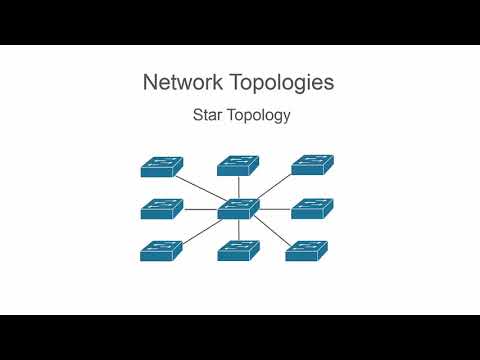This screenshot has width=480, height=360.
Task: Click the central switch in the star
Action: click(x=238, y=209)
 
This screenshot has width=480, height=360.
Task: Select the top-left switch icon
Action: click(x=161, y=166)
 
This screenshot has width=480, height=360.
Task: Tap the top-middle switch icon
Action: click(x=238, y=165)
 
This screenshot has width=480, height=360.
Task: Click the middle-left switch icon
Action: click(x=161, y=209)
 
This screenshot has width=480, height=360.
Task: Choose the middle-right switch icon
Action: click(x=312, y=209)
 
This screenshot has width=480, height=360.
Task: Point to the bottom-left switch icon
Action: click(x=161, y=251)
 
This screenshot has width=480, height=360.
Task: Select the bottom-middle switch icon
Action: click(x=238, y=251)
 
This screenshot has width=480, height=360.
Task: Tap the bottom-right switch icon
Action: click(x=306, y=251)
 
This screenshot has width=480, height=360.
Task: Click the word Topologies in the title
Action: click(x=286, y=83)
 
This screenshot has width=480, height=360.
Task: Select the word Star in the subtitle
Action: click(x=208, y=115)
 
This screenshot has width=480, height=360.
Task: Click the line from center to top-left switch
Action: click(x=200, y=189)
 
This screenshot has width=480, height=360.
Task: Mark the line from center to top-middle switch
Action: click(x=238, y=187)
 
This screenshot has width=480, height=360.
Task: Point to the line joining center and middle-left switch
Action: click(x=200, y=209)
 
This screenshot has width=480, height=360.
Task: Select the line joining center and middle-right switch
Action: click(x=275, y=209)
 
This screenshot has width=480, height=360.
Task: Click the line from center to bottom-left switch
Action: click(x=201, y=232)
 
